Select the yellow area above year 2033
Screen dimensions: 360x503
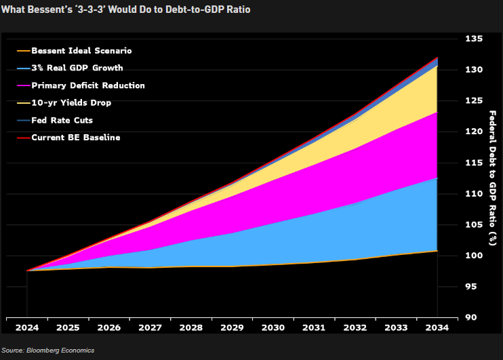point(396,108)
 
